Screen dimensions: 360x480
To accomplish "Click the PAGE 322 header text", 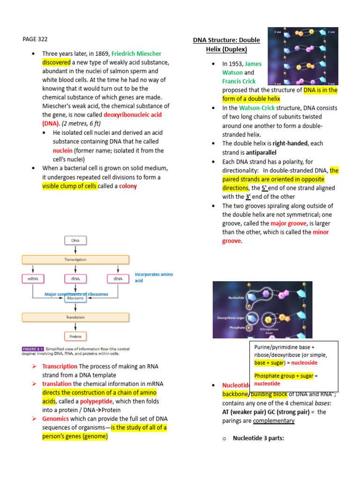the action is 35,39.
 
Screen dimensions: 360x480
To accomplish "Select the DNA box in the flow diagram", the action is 75,240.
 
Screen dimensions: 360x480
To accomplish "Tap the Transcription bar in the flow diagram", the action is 75,259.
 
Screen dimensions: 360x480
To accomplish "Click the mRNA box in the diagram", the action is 33,278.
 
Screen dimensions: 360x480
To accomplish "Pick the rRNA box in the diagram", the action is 75,278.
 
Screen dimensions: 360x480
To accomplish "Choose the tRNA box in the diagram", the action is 118,278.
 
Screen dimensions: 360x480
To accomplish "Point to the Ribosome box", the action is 75,298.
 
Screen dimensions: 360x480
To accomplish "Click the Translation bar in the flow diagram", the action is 75,317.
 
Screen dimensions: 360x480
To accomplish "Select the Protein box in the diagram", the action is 75,336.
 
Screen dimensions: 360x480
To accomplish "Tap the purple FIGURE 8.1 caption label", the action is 34,349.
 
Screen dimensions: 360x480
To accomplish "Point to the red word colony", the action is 128,186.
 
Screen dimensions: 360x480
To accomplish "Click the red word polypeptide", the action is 96,402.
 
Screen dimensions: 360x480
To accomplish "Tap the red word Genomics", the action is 55,419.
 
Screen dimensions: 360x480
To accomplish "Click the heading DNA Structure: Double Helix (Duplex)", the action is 226,45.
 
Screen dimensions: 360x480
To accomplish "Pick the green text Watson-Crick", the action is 257,108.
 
